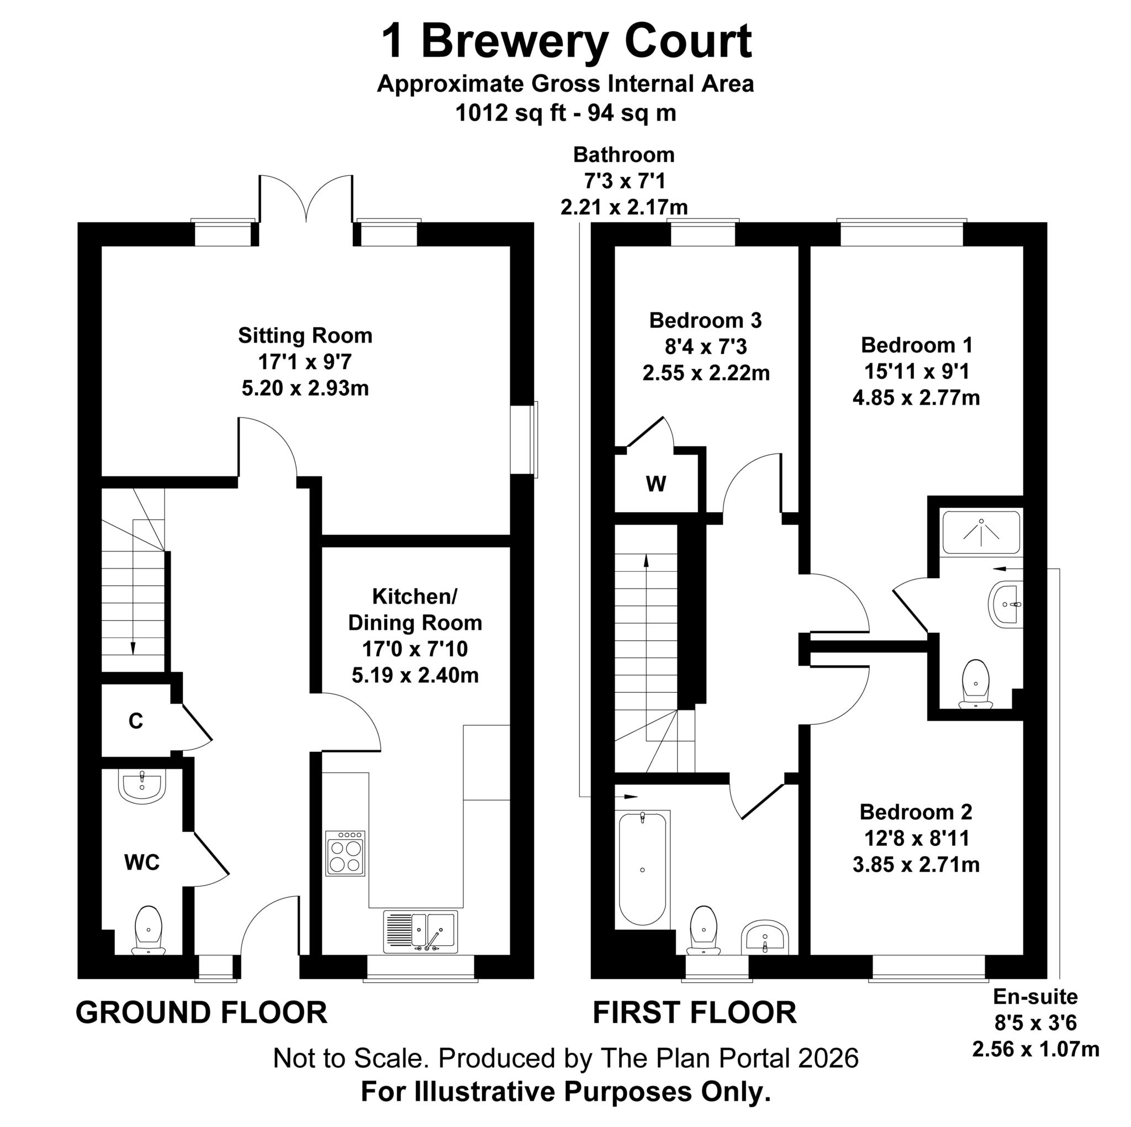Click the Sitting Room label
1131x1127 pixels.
point(305,336)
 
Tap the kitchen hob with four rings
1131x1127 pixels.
point(345,853)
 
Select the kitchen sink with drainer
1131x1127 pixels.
point(420,931)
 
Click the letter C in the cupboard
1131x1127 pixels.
point(136,721)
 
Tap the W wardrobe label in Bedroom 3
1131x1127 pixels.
point(656,484)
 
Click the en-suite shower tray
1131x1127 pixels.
point(981,533)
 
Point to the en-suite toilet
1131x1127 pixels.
point(976,684)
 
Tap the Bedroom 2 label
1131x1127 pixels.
point(916,812)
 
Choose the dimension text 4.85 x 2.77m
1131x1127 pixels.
point(916,398)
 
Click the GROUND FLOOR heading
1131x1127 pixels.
point(202,1012)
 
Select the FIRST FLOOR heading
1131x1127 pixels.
point(695,1012)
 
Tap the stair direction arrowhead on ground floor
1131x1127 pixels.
point(133,649)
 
